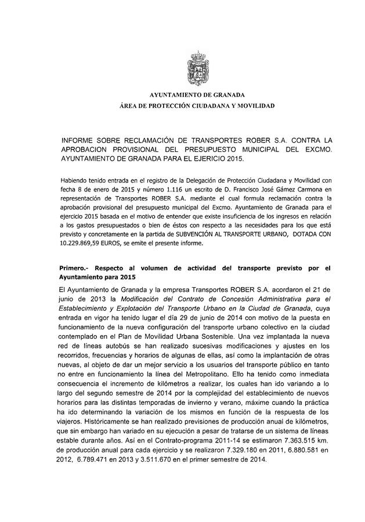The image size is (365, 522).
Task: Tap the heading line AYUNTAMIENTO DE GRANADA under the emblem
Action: (x=197, y=95)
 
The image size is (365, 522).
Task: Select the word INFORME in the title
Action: (x=79, y=140)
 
